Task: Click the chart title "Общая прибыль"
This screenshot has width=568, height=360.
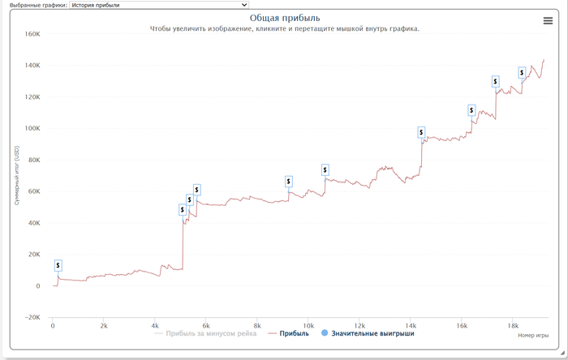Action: pyautogui.click(x=284, y=18)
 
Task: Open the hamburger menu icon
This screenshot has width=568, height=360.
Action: pyautogui.click(x=548, y=21)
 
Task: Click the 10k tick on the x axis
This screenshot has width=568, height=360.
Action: pyautogui.click(x=308, y=326)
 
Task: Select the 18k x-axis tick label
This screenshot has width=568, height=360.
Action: pyautogui.click(x=513, y=326)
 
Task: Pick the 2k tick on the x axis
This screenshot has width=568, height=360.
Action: pyautogui.click(x=104, y=326)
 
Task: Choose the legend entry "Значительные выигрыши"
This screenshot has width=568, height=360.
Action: pyautogui.click(x=372, y=333)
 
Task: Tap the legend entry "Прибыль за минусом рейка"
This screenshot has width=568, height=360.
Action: pyautogui.click(x=210, y=333)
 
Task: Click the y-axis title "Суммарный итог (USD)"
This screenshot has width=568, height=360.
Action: pyautogui.click(x=16, y=175)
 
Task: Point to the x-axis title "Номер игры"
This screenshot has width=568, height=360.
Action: pyautogui.click(x=532, y=335)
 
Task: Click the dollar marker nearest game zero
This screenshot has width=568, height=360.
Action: pyautogui.click(x=58, y=266)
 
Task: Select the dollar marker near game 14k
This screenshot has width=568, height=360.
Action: pyautogui.click(x=421, y=132)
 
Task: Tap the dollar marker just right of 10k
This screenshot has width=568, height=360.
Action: pyautogui.click(x=325, y=169)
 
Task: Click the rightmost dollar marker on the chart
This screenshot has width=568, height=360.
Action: pyautogui.click(x=523, y=72)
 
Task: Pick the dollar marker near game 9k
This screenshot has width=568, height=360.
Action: pyautogui.click(x=289, y=182)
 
